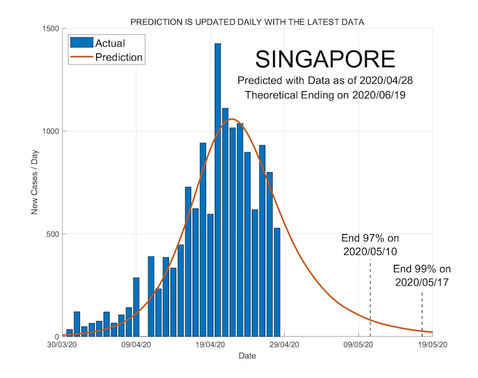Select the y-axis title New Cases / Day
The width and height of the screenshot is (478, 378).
[34, 183]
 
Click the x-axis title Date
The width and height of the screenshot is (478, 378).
[248, 355]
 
